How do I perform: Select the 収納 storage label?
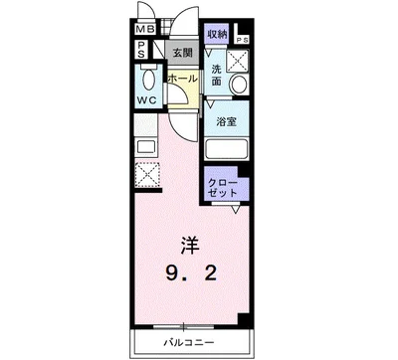[x=218, y=33]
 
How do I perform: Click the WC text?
[x=146, y=101]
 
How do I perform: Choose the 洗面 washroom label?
[x=216, y=76]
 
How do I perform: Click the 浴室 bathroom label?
[x=226, y=123]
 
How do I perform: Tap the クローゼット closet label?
[x=221, y=189]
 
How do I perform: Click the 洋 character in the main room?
[x=190, y=242]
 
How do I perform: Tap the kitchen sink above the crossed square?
[x=143, y=147]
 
